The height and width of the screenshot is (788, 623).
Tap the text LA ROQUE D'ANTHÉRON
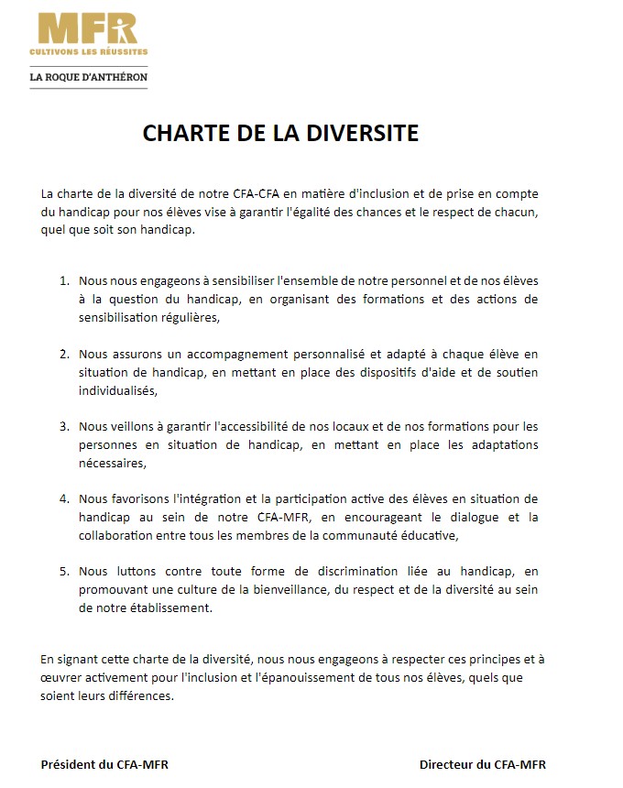click(88, 77)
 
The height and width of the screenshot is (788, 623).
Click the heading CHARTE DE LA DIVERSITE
click(280, 134)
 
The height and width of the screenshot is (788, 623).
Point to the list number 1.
click(64, 282)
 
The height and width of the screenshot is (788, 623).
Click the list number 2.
click(64, 354)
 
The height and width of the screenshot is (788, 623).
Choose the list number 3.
click(64, 427)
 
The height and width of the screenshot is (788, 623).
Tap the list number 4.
click(64, 499)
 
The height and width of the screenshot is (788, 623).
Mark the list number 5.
click(64, 572)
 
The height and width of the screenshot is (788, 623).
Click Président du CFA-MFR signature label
click(104, 764)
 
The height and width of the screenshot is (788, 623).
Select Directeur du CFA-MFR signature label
click(483, 764)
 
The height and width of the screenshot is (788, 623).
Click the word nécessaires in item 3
click(113, 463)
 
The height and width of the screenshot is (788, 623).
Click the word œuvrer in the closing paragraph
click(60, 677)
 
